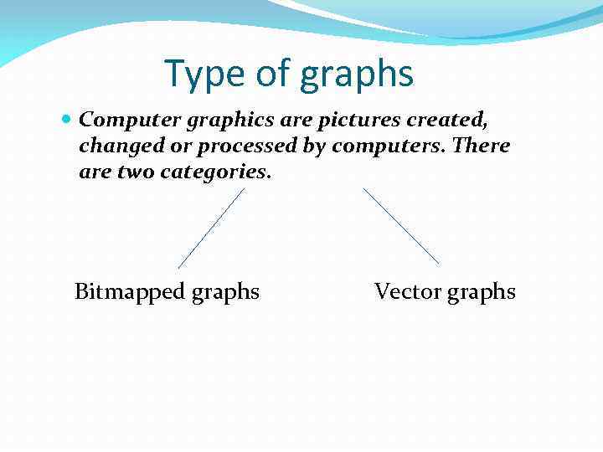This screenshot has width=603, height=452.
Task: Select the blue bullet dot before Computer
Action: point(67,121)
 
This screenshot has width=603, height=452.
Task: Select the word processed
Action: point(241,146)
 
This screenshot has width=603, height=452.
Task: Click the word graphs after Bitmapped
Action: point(225,293)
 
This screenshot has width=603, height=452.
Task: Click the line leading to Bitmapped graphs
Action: point(211,229)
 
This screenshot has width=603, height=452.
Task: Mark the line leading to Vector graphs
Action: point(401,226)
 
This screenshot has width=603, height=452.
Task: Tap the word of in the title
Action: point(272,74)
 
